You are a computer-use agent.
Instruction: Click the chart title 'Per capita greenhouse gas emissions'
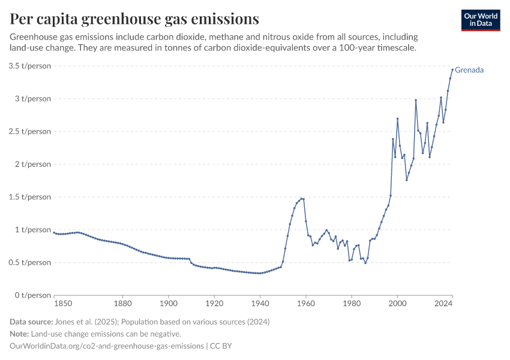(x=134, y=19)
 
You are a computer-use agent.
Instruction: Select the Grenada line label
(x=469, y=70)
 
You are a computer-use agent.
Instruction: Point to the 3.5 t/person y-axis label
(x=29, y=65)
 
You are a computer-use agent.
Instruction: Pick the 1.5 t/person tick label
(x=29, y=197)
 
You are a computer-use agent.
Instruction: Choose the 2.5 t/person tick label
(x=29, y=131)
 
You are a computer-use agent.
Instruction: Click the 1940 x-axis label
(x=260, y=304)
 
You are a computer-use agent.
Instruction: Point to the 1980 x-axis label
(x=352, y=304)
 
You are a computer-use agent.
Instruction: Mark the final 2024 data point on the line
(x=452, y=70)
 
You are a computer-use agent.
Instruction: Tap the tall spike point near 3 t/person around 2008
(x=416, y=100)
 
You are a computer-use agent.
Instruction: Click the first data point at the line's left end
(x=54, y=232)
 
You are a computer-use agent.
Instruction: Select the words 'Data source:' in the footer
(x=32, y=322)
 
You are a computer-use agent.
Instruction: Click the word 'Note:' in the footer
(x=21, y=334)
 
